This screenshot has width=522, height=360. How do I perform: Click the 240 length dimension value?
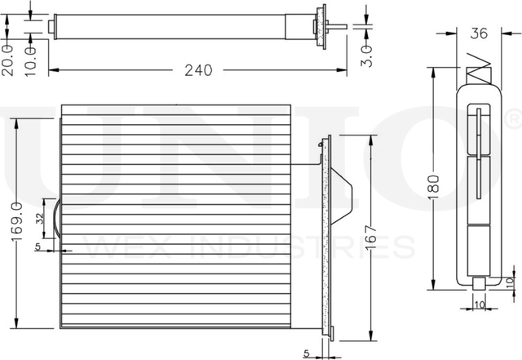(198, 70)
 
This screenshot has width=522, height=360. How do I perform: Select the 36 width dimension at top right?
(479, 33)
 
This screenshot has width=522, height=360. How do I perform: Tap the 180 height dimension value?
(434, 187)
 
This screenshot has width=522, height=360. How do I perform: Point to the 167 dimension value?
(371, 238)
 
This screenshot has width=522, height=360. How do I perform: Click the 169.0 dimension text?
(17, 221)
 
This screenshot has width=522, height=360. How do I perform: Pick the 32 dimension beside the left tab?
(40, 218)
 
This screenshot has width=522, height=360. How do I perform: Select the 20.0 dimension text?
(7, 60)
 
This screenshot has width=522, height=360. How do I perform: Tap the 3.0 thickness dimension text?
(366, 56)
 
